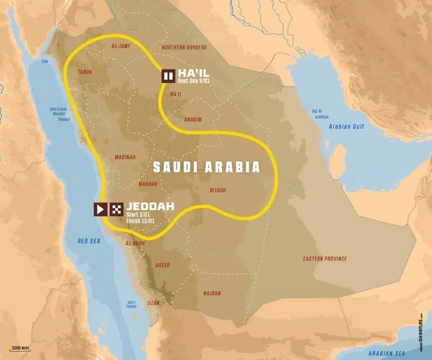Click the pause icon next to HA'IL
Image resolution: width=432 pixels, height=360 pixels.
pos(168,76)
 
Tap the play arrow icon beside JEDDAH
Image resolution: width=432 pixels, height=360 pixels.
pos(100,210)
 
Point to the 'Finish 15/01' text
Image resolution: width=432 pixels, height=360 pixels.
pos(140,221)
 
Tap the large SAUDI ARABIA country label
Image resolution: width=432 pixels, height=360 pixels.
pos(207,167)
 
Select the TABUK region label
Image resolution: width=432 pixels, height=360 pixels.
pos(84,73)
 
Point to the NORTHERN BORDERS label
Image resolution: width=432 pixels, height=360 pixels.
pos(184,47)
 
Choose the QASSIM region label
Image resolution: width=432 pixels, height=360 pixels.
pos(193,119)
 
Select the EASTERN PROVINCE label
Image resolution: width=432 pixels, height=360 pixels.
pos(324,259)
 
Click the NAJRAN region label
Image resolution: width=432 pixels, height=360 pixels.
pos(212,293)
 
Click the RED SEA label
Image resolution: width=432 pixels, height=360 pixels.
pos(89,241)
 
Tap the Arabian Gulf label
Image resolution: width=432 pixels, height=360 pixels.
pos(346,127)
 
